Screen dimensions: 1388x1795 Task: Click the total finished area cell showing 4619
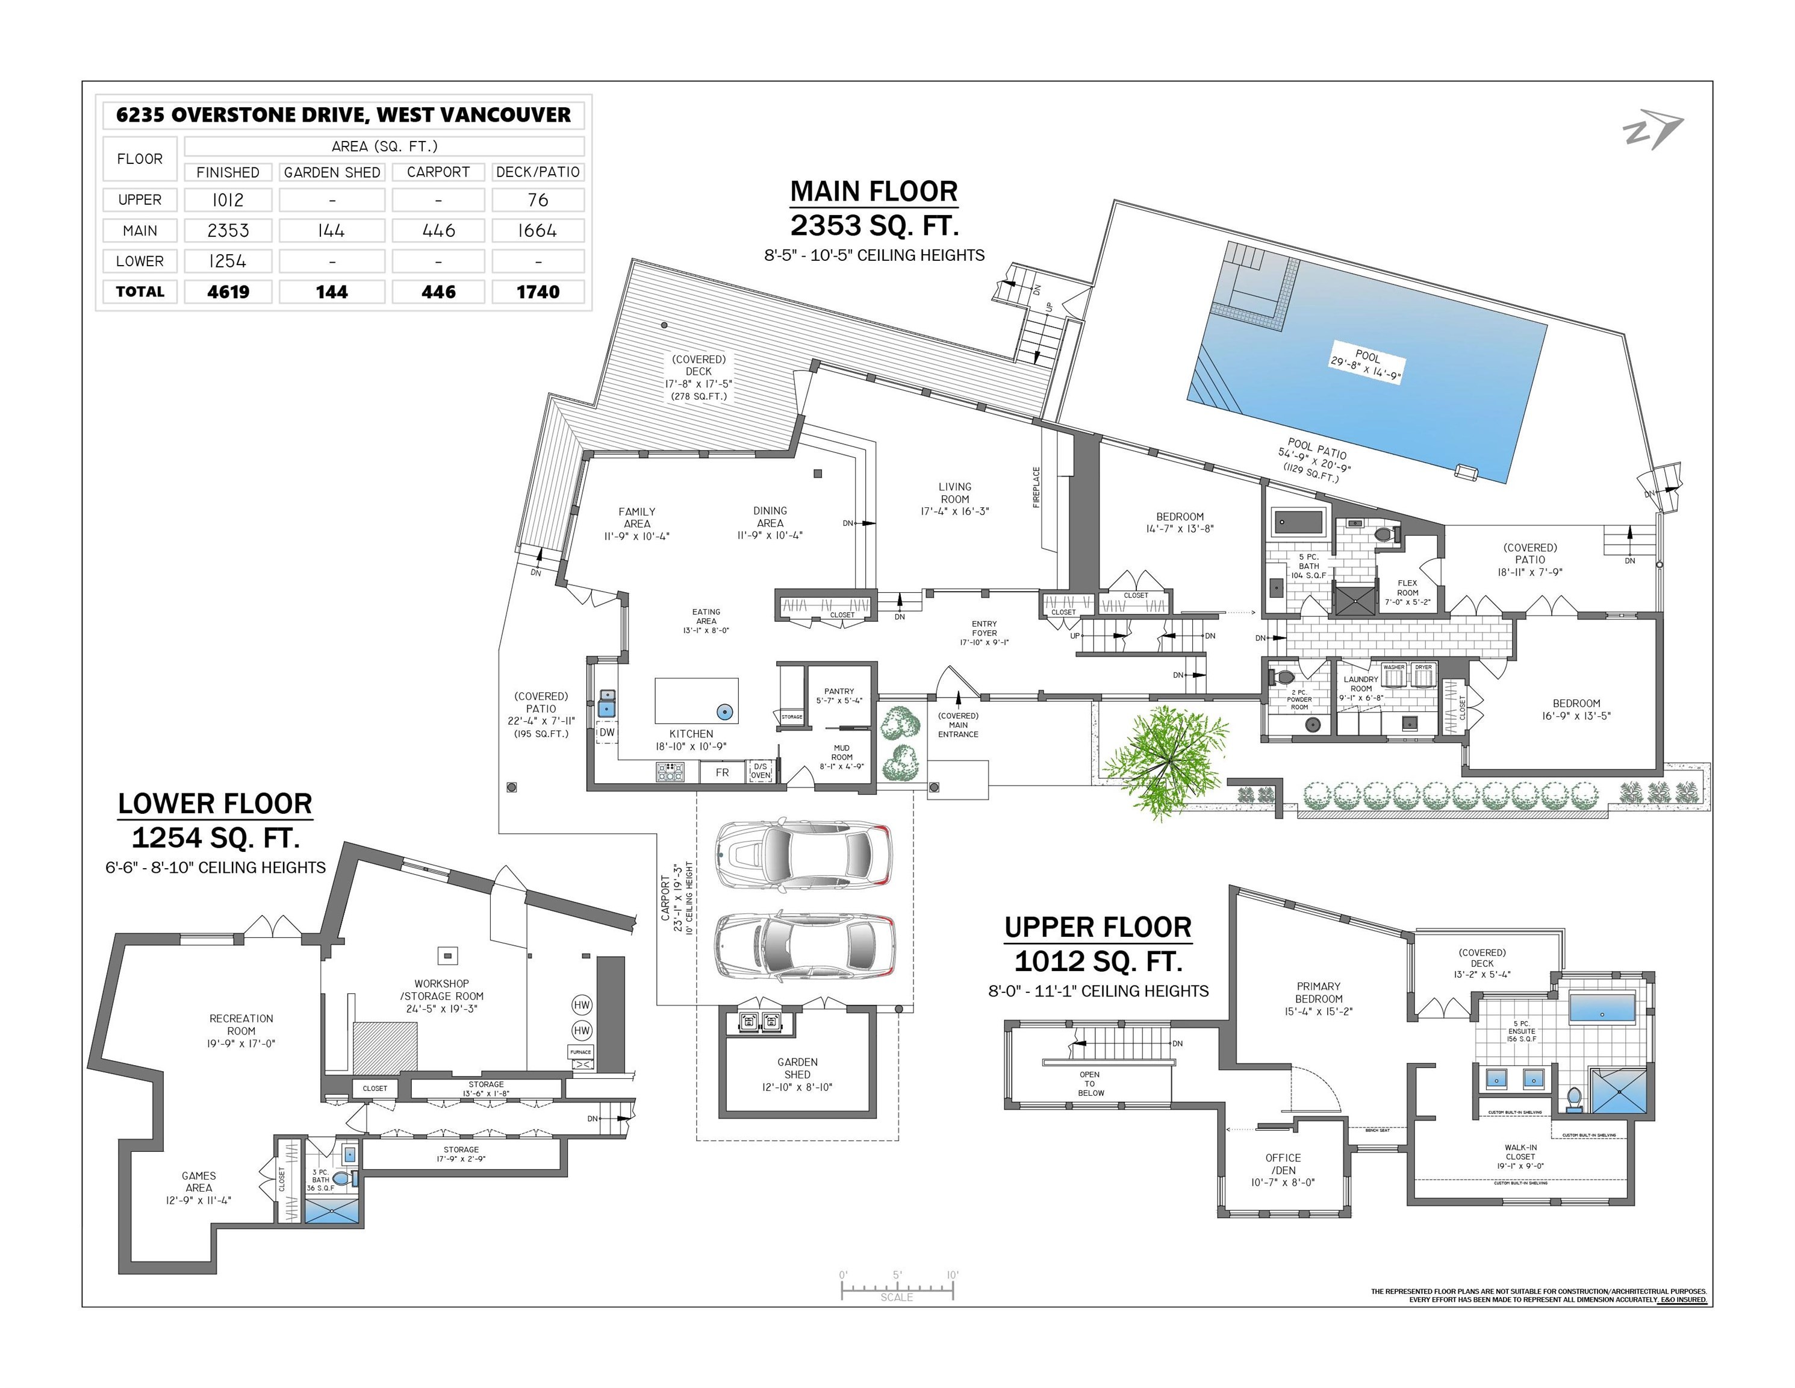228,292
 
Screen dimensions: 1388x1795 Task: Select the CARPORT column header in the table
438,172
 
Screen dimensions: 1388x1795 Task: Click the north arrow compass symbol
1652,131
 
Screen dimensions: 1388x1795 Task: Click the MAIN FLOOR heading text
874,192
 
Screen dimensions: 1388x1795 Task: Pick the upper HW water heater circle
582,1005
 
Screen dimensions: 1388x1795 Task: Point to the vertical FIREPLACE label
1036,487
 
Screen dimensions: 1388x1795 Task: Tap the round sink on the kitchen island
724,712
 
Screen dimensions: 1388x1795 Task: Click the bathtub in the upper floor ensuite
1602,1008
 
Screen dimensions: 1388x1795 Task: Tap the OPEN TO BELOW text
1090,1084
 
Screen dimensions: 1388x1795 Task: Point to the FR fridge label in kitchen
721,772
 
